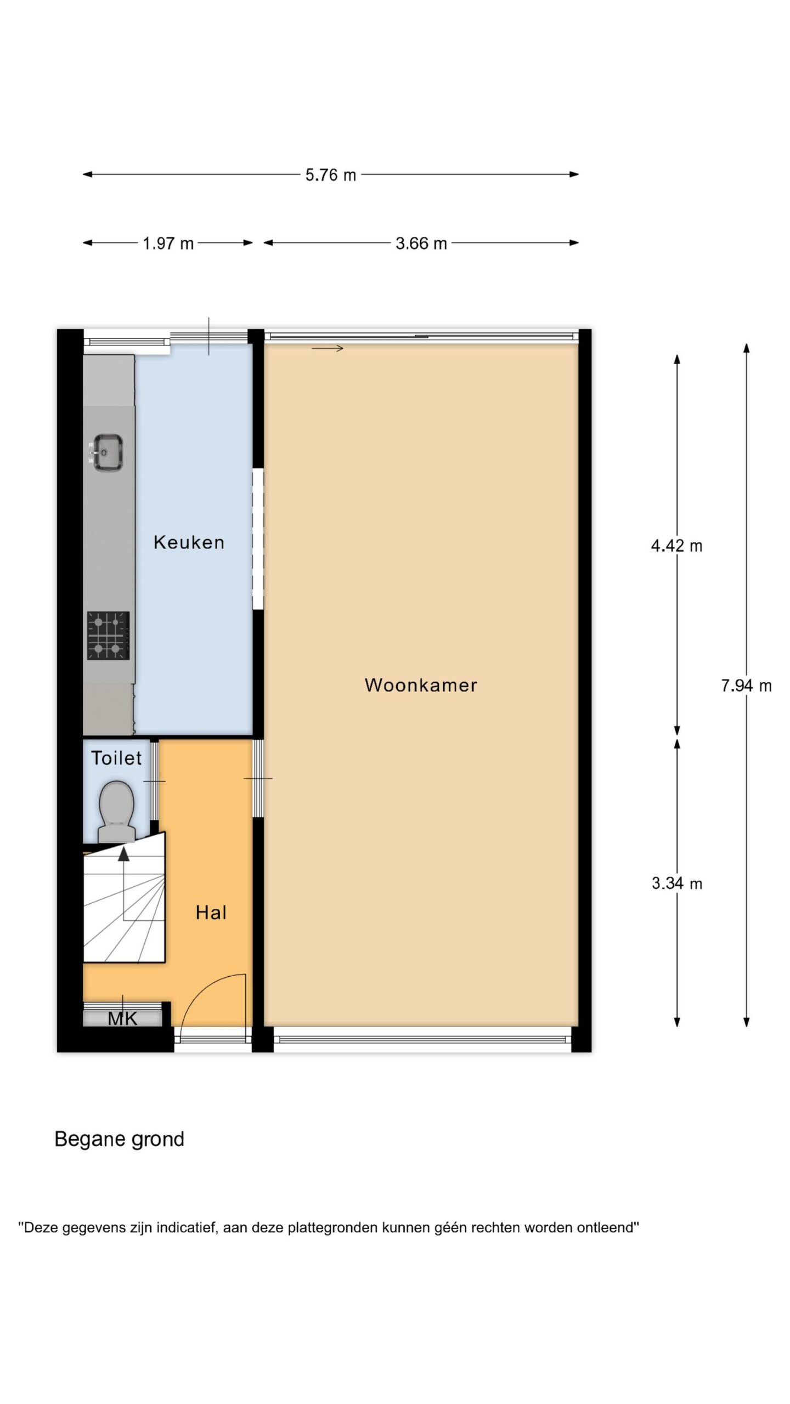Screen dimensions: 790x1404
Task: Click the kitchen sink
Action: (107, 452)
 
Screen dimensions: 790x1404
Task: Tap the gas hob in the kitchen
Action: (108, 636)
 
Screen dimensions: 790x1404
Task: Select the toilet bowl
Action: (116, 811)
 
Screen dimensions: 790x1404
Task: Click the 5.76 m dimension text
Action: (331, 175)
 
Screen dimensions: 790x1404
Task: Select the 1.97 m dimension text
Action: (168, 243)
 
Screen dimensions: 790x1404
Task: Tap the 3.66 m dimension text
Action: (421, 243)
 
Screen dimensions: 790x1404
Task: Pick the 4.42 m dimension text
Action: (676, 546)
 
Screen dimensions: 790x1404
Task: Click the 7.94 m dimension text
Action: (746, 686)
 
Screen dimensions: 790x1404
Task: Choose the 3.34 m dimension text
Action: (677, 883)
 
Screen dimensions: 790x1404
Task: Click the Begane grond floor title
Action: (119, 1140)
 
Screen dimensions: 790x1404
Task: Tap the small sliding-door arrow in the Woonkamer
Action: (328, 348)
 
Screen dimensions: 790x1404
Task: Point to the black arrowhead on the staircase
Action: (124, 854)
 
